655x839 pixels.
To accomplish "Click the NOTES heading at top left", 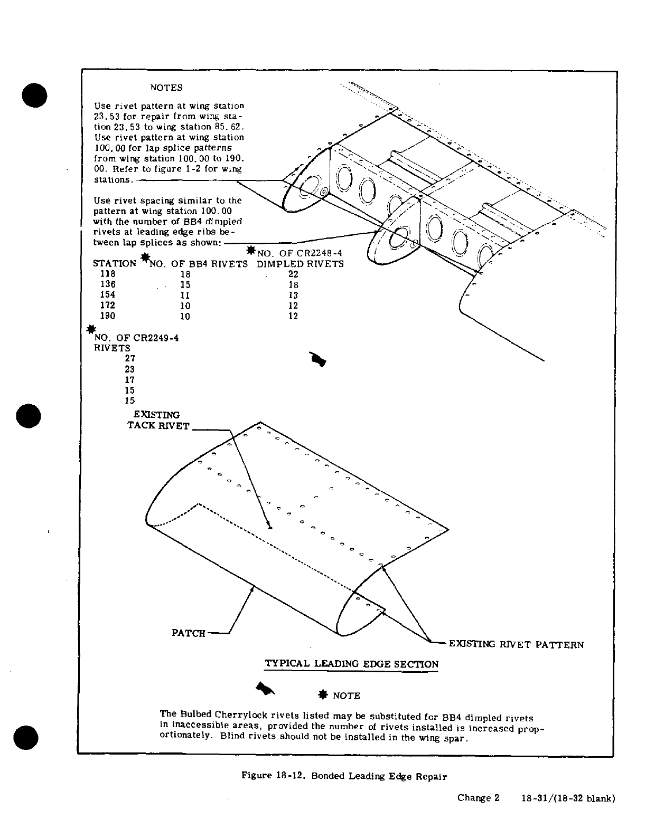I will [x=166, y=88].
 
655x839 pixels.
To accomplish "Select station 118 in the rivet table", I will [x=108, y=274].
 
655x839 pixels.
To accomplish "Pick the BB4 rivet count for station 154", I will [x=185, y=295].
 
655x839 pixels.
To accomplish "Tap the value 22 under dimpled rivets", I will [x=294, y=274].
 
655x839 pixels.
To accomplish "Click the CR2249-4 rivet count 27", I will [x=130, y=358].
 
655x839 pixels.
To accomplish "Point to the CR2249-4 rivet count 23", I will [x=130, y=369].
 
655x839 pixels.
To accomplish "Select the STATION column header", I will [x=115, y=263].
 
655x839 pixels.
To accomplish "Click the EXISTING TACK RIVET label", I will [x=158, y=421].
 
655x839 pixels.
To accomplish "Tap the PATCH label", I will [x=188, y=633].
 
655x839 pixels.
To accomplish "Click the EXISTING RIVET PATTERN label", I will [x=516, y=644].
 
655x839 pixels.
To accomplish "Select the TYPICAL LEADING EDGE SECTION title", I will [x=351, y=664].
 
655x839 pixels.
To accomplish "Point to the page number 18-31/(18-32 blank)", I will [x=568, y=798].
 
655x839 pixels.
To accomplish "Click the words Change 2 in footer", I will [x=478, y=798].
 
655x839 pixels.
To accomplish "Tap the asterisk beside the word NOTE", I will [x=322, y=695].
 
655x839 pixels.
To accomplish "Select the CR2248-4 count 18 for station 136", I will [x=294, y=284].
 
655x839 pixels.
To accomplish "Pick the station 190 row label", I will [x=108, y=316].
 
